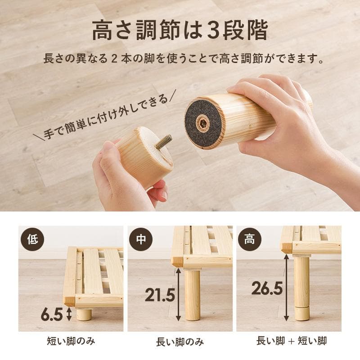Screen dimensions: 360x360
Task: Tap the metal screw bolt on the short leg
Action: coord(164,141)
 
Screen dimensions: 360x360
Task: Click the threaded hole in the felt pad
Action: coord(203,122)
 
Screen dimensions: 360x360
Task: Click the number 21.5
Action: coord(160,295)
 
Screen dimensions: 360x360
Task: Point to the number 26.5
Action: coord(267,288)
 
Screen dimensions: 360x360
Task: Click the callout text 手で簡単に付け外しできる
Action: coord(106,116)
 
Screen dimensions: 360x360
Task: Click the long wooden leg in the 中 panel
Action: coord(193,295)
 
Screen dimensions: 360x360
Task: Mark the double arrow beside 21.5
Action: coord(179,295)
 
